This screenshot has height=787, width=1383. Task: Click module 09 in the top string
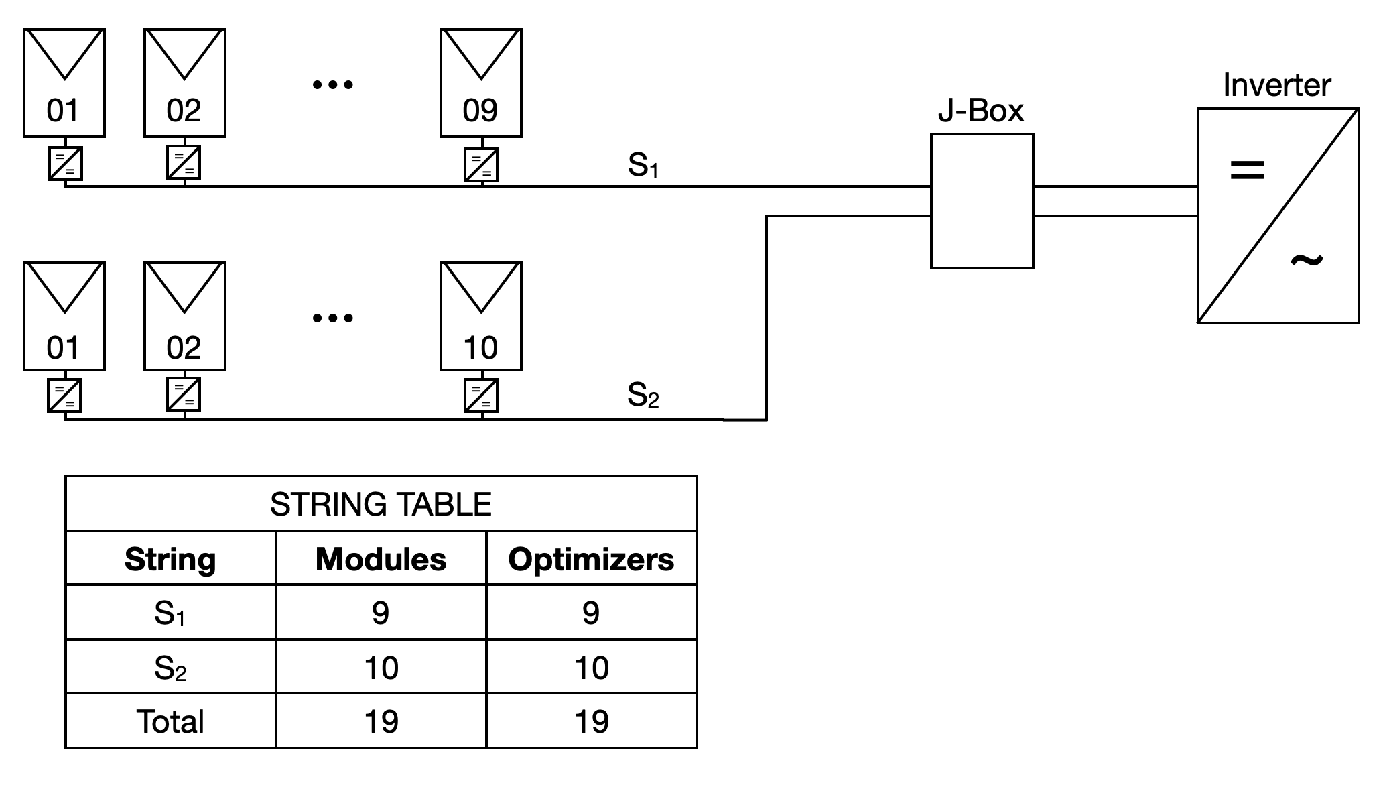click(x=480, y=82)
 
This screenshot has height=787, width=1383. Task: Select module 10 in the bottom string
click(x=480, y=316)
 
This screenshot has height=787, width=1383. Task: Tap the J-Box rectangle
click(x=982, y=201)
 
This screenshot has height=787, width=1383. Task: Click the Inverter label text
click(x=1276, y=85)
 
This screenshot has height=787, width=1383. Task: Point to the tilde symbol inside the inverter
click(x=1306, y=260)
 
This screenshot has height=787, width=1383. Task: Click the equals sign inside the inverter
click(x=1247, y=169)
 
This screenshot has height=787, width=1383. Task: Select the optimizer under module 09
click(x=481, y=164)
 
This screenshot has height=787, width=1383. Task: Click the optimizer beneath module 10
click(x=481, y=396)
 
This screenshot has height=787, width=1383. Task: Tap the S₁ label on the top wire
click(x=643, y=165)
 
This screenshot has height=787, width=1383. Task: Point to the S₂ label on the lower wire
click(x=643, y=395)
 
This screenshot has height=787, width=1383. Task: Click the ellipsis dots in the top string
click(x=333, y=84)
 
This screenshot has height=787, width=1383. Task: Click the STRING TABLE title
click(x=381, y=504)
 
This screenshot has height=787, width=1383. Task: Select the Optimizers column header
click(x=591, y=559)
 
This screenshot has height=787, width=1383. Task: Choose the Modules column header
click(x=381, y=559)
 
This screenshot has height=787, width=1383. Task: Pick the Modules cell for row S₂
click(x=381, y=668)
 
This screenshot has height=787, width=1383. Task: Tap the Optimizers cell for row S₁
click(x=591, y=613)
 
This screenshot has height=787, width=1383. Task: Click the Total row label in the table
click(x=170, y=721)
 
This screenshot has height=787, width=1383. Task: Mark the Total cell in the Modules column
click(x=381, y=721)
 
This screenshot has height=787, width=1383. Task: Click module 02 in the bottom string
click(x=184, y=316)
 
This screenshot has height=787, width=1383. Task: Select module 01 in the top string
click(x=64, y=82)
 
